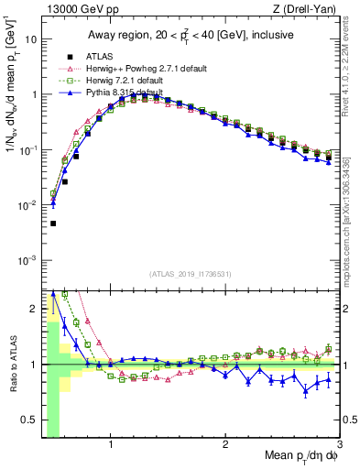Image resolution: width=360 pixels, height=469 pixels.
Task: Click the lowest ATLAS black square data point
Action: pyautogui.click(x=53, y=224)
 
